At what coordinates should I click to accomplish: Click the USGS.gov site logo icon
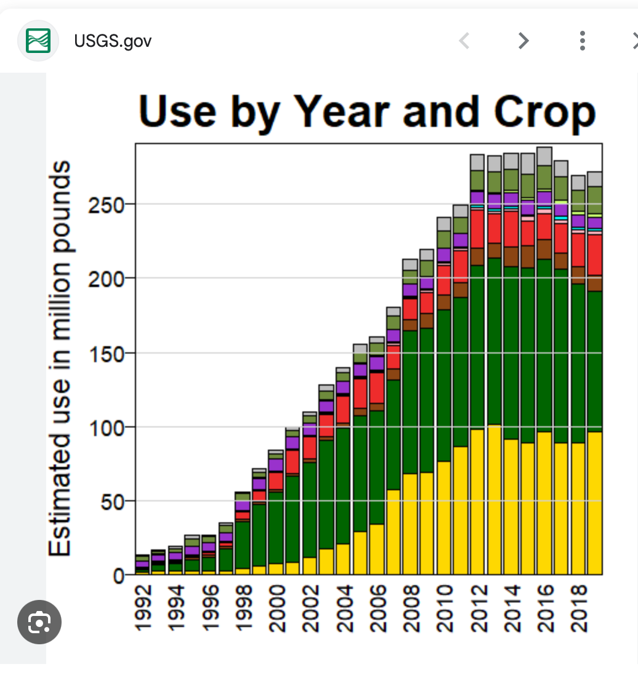pyautogui.click(x=38, y=41)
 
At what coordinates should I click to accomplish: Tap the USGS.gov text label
pyautogui.click(x=113, y=41)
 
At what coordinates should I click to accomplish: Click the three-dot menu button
pyautogui.click(x=582, y=41)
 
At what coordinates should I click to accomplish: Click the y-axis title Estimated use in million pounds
pyautogui.click(x=60, y=359)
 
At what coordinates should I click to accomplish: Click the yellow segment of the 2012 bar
pyautogui.click(x=477, y=502)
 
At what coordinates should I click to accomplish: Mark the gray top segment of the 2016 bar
pyautogui.click(x=544, y=156)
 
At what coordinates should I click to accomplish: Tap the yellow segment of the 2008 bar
pyautogui.click(x=411, y=524)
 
